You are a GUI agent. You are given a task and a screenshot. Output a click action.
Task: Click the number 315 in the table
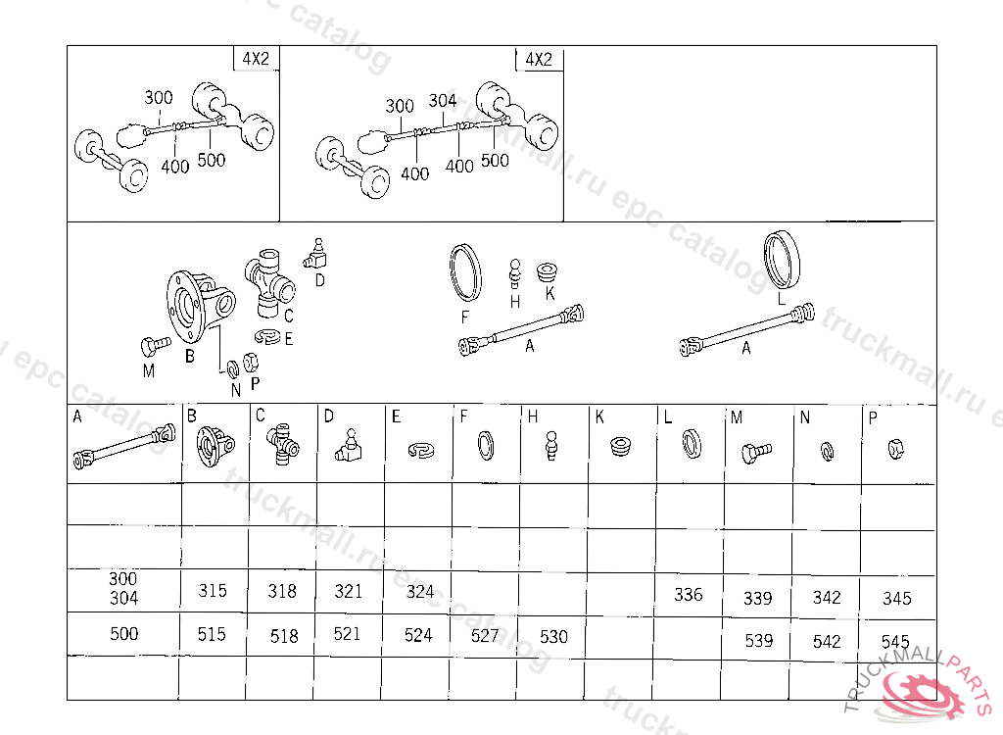tap(212, 591)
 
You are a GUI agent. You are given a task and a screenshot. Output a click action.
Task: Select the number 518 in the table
tap(284, 636)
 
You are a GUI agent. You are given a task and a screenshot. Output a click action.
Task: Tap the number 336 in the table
tap(688, 595)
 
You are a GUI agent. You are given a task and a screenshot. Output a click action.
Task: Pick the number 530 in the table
tap(553, 636)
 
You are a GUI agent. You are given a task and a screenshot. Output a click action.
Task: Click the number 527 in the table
tap(485, 635)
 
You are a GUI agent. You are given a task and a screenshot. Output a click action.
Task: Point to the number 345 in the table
tap(896, 598)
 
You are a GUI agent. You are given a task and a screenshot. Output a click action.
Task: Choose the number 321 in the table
tap(348, 591)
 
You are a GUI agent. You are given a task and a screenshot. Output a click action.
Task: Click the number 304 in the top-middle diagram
tap(443, 100)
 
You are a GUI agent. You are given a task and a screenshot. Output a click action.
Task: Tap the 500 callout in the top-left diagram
tap(211, 160)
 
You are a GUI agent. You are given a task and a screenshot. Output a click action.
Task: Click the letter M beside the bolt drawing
tap(148, 370)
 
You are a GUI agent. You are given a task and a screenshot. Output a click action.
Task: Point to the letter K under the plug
tap(549, 293)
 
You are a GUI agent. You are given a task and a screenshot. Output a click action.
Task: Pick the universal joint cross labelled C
tap(269, 281)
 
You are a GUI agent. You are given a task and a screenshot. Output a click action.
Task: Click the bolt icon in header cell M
tap(756, 451)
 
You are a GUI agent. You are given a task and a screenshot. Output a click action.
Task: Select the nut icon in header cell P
tap(894, 449)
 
